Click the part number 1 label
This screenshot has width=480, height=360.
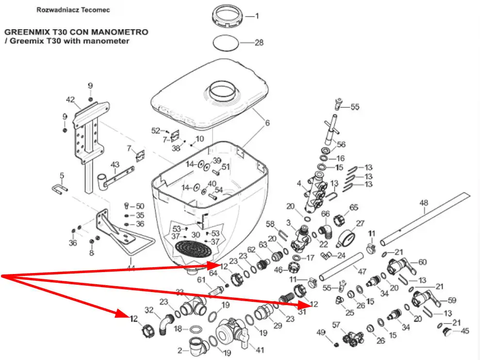point(257,16)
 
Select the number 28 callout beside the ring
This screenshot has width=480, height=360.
point(259,43)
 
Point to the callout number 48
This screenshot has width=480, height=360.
point(424,203)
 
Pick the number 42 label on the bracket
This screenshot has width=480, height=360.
point(70,100)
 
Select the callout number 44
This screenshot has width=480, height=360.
point(130,268)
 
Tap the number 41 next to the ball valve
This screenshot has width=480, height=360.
point(260,350)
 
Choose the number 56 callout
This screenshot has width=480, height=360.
point(341,144)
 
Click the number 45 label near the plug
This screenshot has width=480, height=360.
point(464,331)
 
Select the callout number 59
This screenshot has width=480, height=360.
point(451,300)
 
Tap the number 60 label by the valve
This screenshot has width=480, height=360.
point(422,262)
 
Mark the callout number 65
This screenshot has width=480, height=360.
point(354,207)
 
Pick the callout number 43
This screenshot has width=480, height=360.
point(115,164)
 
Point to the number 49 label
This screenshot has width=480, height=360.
point(320,332)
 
